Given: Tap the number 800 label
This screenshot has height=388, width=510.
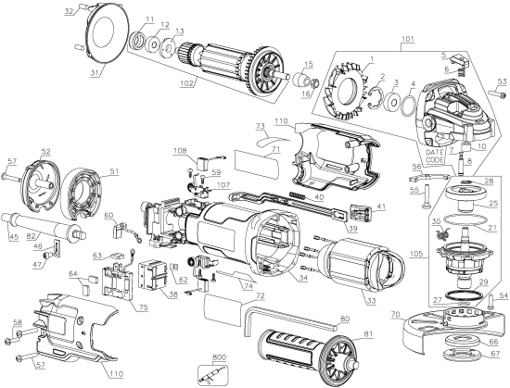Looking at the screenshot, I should coord(219,356).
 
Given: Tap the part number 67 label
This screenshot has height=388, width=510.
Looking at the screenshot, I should coord(495,354).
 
